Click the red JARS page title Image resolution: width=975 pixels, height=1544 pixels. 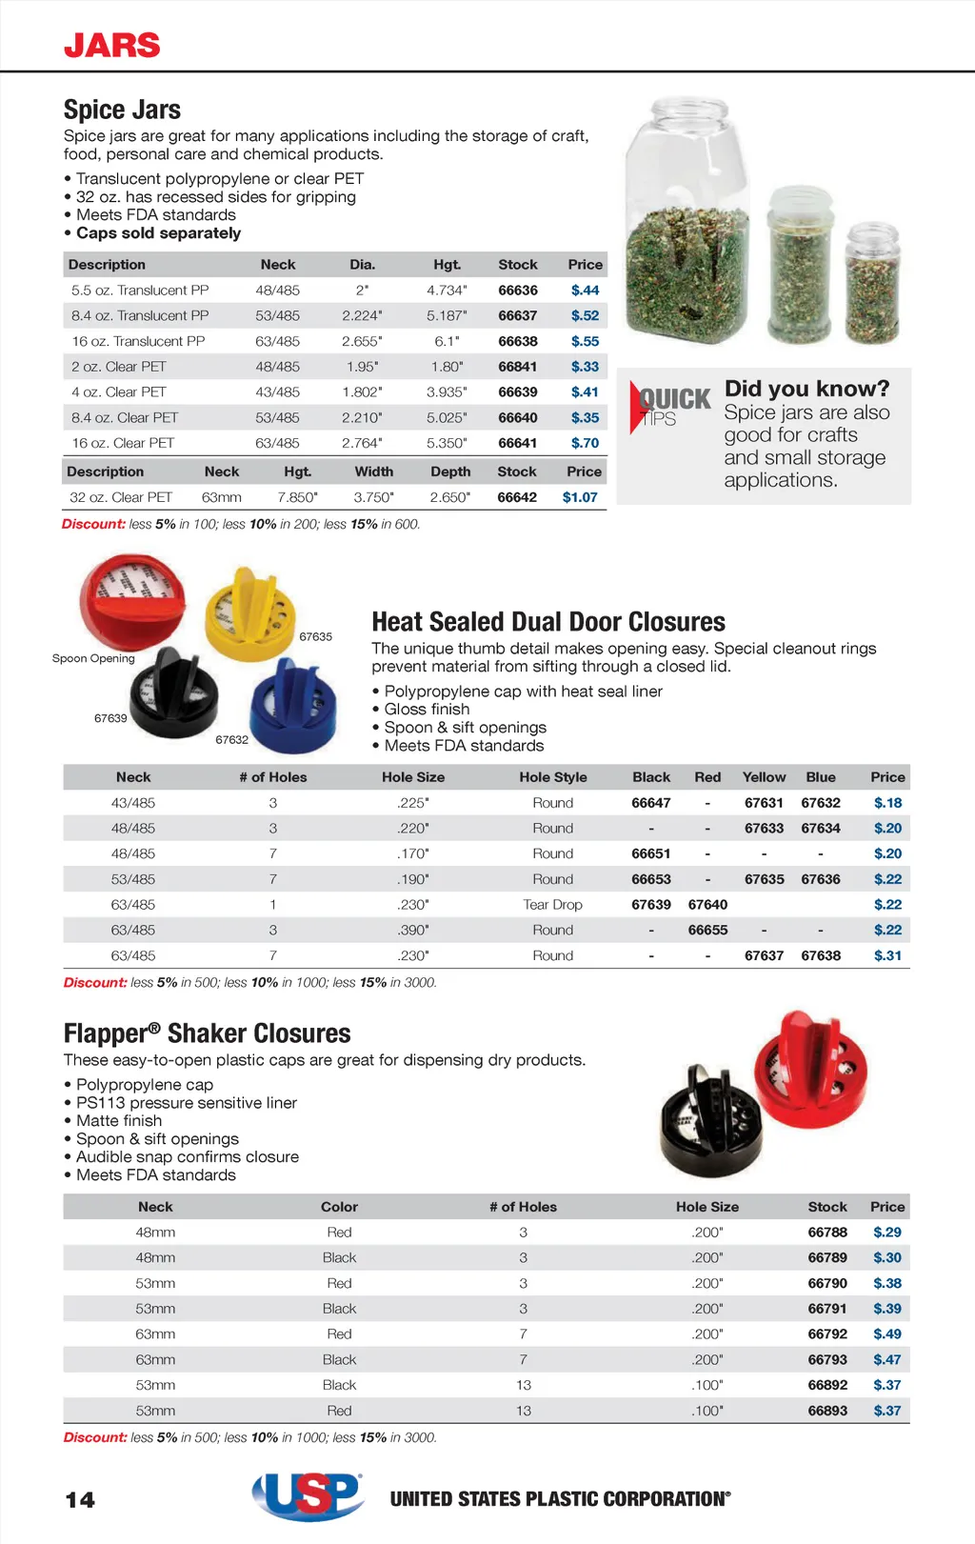[111, 45]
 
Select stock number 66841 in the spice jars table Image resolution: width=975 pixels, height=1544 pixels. [517, 367]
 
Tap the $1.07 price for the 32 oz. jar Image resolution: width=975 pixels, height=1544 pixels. [580, 497]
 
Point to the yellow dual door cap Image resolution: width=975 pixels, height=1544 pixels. [249, 613]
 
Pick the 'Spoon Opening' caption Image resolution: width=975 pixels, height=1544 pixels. [93, 658]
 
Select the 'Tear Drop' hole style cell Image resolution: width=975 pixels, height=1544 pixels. [552, 905]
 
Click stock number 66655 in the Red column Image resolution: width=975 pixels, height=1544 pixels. [707, 931]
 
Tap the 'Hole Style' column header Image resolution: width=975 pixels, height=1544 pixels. [552, 777]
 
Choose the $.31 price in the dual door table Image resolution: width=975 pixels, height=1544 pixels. [887, 955]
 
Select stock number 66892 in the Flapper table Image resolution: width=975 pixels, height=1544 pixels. [826, 1385]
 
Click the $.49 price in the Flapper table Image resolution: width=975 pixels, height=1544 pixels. [886, 1334]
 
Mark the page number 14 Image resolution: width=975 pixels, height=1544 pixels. [80, 1500]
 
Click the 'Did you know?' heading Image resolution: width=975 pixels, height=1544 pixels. [806, 389]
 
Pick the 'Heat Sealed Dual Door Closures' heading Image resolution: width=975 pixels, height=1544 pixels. [547, 622]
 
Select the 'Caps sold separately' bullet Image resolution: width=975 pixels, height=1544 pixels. [158, 233]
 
